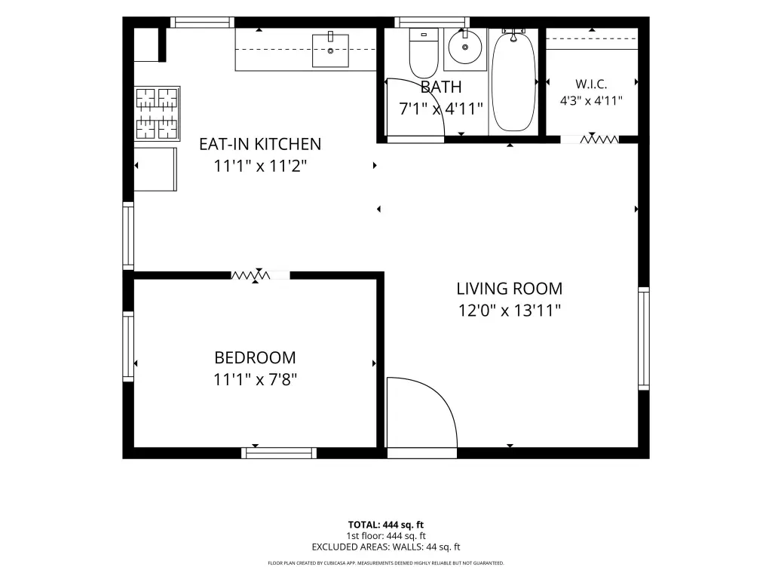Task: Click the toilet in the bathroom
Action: (x=424, y=52)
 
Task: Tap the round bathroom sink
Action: (x=464, y=47)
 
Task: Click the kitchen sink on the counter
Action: (x=330, y=51)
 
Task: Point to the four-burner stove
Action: (x=157, y=113)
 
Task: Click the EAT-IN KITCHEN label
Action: (x=260, y=144)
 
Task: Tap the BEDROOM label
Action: (x=255, y=357)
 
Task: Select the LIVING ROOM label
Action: (x=509, y=289)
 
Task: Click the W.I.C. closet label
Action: (x=591, y=84)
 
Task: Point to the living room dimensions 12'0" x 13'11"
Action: (x=509, y=311)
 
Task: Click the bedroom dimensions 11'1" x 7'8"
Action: (x=255, y=380)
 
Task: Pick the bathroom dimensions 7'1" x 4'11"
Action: (x=440, y=109)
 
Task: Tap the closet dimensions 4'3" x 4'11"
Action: (x=591, y=101)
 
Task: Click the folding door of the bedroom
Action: (x=250, y=275)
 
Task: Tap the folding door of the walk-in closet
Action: (x=599, y=139)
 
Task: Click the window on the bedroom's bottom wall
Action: (x=279, y=453)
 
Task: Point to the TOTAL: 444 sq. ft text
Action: (x=385, y=525)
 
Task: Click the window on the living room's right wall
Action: (x=644, y=339)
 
